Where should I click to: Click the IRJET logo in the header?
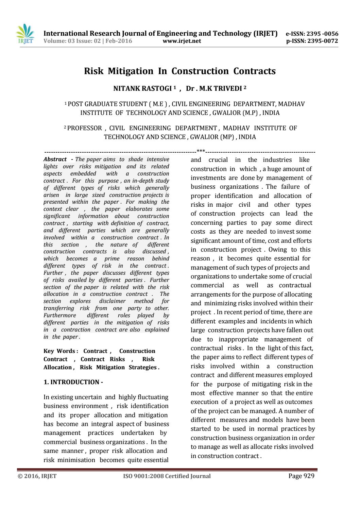[x=25, y=34]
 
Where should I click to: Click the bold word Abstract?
[x=55, y=159]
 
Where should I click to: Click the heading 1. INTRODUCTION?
[x=73, y=382]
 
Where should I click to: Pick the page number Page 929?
[x=301, y=476]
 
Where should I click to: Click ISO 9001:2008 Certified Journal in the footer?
[x=167, y=476]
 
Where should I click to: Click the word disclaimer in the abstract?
[x=112, y=301]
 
